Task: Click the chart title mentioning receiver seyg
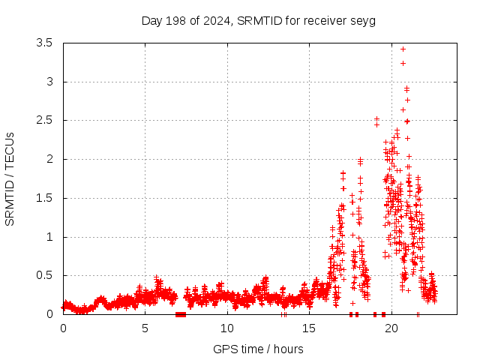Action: coord(259,20)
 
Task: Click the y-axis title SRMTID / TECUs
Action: coord(10,179)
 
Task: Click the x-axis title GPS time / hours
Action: coord(259,349)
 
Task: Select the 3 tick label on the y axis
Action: coord(50,82)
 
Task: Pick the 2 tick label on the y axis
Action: coord(50,159)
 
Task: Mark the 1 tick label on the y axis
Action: coord(50,237)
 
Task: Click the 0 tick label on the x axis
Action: coord(63,328)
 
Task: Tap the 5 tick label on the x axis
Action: coord(145,328)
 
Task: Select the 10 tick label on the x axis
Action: coord(227,328)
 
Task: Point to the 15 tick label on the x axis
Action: coord(309,328)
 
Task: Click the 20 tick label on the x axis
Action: coord(391,328)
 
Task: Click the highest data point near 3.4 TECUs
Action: coord(403,49)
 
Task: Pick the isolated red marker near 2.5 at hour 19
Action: coord(376,119)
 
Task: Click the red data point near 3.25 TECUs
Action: coord(403,63)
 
